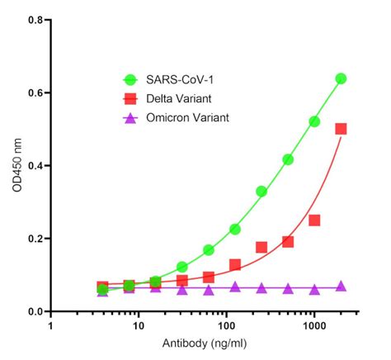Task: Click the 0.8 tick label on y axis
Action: tap(34, 19)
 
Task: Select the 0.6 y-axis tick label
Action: tap(34, 92)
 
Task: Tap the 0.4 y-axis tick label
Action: tap(34, 165)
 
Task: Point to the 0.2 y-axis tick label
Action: tap(34, 239)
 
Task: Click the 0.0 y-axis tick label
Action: tap(34, 311)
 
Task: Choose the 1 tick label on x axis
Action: tap(52, 327)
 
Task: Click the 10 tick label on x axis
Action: tap(139, 327)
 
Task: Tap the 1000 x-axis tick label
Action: tap(313, 327)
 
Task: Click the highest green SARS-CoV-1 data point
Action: tap(341, 78)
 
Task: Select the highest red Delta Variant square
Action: tap(341, 129)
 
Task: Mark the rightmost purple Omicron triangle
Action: tap(341, 287)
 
